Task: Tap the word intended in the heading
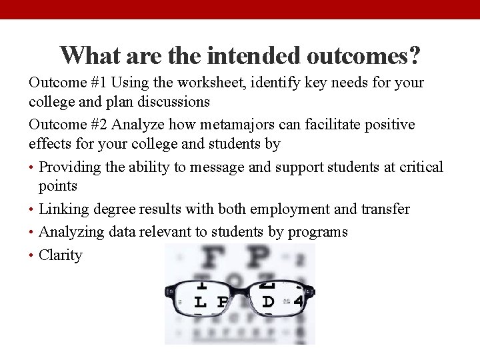(x=246, y=55)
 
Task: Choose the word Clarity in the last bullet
(x=61, y=255)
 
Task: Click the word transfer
(x=385, y=209)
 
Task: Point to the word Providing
(x=69, y=167)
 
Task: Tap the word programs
(x=318, y=232)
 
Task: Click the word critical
(x=421, y=167)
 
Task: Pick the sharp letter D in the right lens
(x=268, y=301)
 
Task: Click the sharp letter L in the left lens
(x=199, y=302)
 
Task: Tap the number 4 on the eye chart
(x=298, y=301)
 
